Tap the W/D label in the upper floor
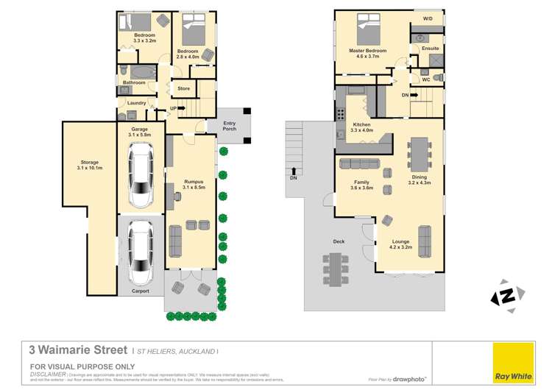coord(427,18)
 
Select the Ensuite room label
coord(430,49)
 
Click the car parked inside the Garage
coord(140,175)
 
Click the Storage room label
coord(89,165)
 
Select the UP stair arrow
coord(177,107)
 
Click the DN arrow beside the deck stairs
coord(294,174)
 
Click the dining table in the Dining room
coord(420,152)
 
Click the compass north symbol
coord(506,296)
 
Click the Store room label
coord(184,88)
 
